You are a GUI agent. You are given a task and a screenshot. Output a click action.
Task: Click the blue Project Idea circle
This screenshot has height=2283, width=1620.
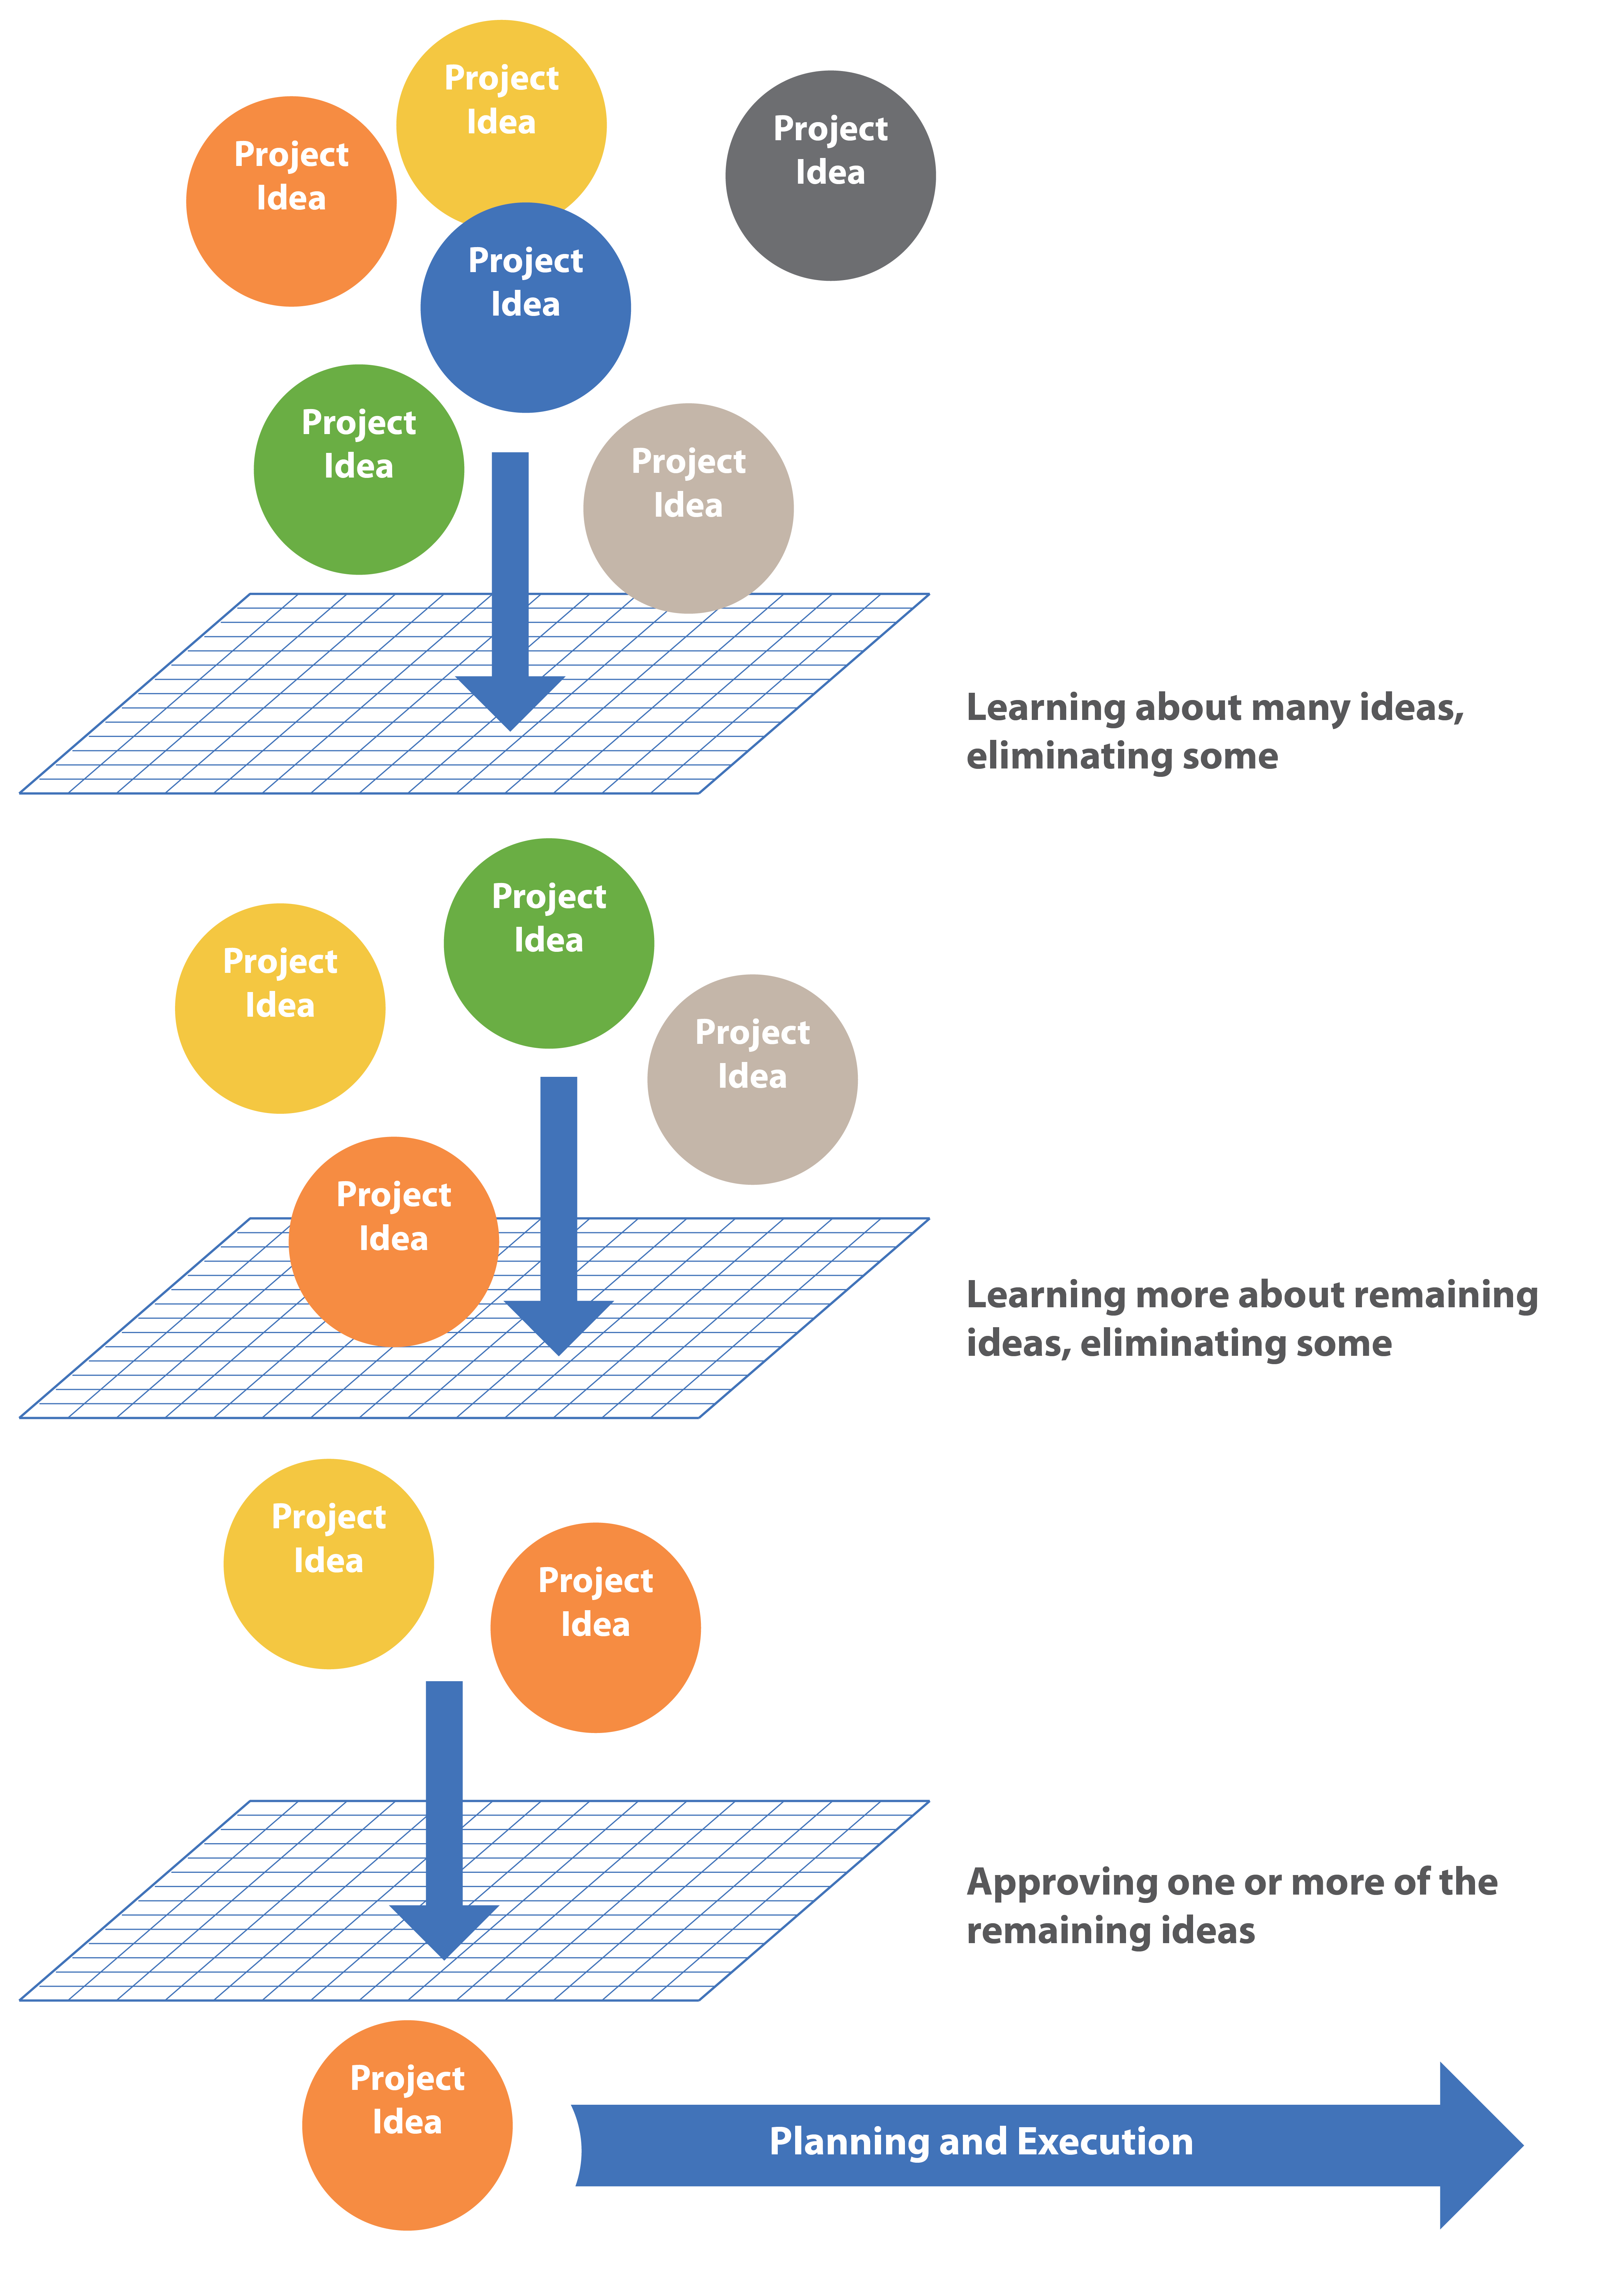click(x=526, y=307)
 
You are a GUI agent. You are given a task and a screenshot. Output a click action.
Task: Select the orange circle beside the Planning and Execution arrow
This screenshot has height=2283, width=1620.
click(x=407, y=2125)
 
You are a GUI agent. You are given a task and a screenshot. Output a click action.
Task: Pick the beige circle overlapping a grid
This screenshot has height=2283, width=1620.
click(x=688, y=508)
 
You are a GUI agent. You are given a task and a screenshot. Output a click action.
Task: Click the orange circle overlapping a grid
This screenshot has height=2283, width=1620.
click(x=394, y=1242)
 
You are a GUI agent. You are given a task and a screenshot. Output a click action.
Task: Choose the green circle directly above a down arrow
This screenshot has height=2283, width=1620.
click(x=549, y=942)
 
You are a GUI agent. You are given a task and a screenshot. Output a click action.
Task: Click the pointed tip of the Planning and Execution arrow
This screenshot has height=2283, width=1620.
click(x=1523, y=2144)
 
